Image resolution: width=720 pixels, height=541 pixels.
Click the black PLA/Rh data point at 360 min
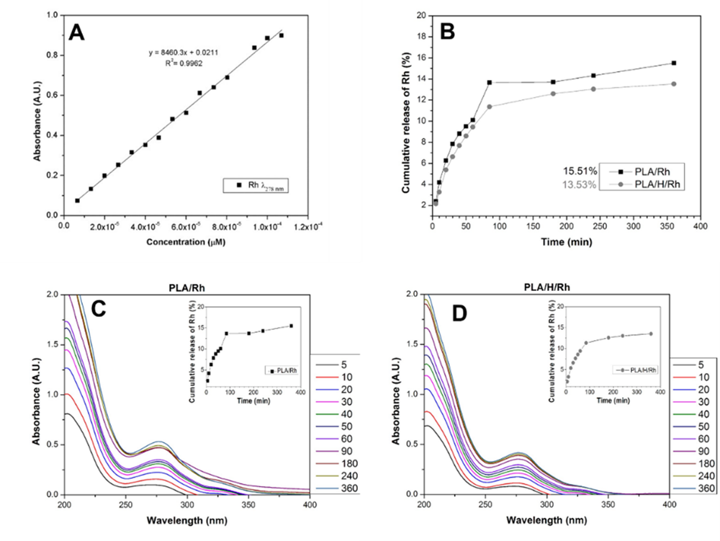click(x=674, y=63)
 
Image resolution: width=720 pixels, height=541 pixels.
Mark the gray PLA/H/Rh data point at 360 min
click(x=674, y=84)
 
